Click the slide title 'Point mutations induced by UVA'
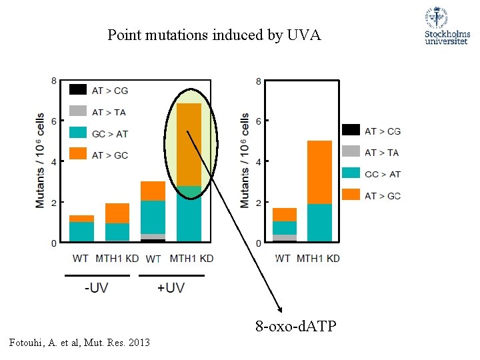pos(214,35)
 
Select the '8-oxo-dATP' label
pos(296,327)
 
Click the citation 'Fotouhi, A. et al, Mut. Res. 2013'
pos(77,343)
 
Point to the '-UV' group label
pos(97,288)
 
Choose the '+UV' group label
pos(171,288)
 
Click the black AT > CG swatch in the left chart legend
pos(78,90)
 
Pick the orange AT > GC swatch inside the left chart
pos(78,154)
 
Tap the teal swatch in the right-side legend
pos(351,173)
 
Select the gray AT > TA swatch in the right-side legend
pos(351,152)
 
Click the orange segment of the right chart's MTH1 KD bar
pos(319,172)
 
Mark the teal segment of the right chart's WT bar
pos(285,227)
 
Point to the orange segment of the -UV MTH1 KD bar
pos(117,213)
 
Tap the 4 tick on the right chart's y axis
pos(259,161)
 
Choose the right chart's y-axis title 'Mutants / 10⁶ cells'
pos(245,160)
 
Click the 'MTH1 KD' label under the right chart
pos(318,258)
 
